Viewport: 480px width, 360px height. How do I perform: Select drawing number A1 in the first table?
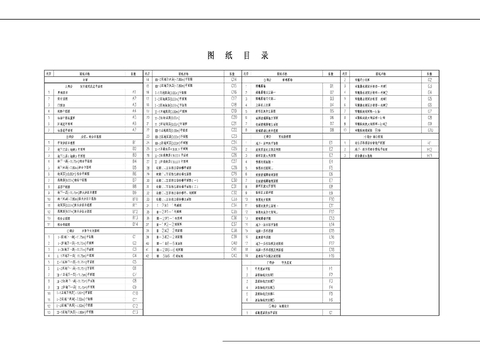(133, 93)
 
